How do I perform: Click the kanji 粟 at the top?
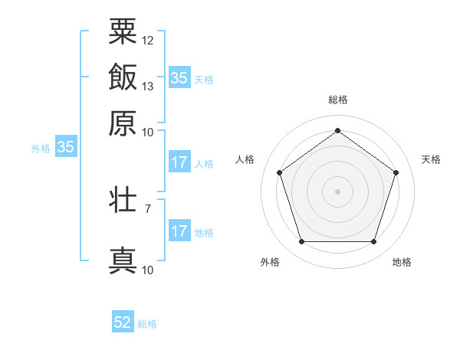click(123, 31)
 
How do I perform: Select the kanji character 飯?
click(123, 77)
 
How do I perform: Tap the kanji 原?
click(123, 123)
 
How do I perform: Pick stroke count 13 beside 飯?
click(148, 86)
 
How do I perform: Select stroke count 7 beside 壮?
click(148, 208)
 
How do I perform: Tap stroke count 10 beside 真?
click(148, 269)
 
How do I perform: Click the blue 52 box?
click(123, 322)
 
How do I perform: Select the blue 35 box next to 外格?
click(65, 148)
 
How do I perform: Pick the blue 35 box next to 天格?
click(179, 77)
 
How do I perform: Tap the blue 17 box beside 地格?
click(179, 231)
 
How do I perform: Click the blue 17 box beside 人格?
click(179, 162)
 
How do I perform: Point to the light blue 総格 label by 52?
click(147, 324)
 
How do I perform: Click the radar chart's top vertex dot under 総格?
click(337, 130)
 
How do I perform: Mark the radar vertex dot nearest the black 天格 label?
click(396, 172)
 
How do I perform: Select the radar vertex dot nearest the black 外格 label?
click(301, 242)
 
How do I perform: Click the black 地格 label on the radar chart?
click(402, 263)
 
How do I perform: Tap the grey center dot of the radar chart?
click(337, 191)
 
